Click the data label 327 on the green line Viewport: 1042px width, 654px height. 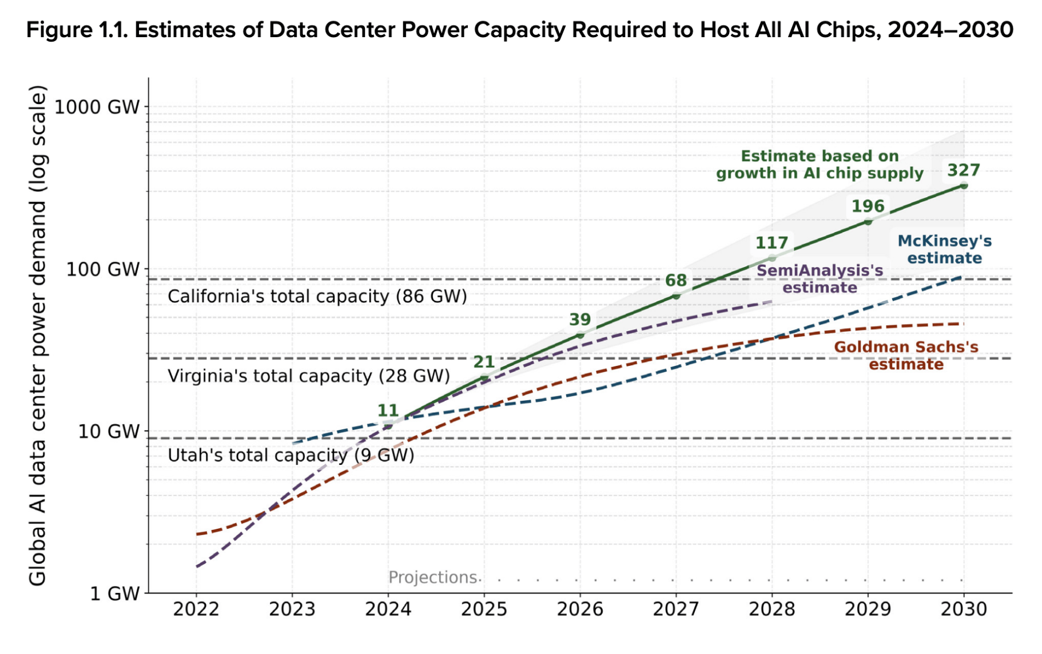click(964, 170)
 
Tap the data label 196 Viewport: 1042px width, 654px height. click(868, 206)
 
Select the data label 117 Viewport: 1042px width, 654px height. click(771, 243)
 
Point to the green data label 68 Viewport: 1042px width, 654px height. click(675, 281)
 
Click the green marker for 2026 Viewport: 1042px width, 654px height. click(580, 335)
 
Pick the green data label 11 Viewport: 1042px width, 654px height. click(388, 410)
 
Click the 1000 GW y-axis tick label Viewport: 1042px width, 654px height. click(97, 107)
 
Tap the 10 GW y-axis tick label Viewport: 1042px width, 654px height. click(109, 431)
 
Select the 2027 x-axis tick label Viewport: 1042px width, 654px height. click(675, 609)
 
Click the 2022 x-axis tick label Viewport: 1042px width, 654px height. click(196, 609)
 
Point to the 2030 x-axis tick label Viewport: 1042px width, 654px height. click(964, 609)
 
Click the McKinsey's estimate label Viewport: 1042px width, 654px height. click(944, 250)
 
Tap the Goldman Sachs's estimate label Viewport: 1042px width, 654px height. click(906, 356)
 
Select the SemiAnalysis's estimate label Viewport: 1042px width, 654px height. click(820, 279)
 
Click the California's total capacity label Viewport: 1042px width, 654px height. click(317, 297)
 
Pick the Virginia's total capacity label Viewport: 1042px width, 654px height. click(309, 376)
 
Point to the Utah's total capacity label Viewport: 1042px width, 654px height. click(291, 455)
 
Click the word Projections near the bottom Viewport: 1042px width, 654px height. click(432, 577)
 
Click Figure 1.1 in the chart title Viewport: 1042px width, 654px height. click(77, 30)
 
